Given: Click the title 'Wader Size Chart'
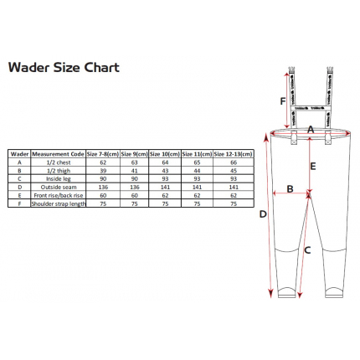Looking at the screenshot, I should tap(64, 68).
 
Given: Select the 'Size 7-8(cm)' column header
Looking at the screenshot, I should tap(103, 153).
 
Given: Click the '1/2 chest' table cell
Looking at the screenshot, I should tap(59, 162).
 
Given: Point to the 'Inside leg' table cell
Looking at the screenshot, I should tap(59, 178).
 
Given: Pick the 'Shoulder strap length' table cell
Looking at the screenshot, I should tap(59, 203).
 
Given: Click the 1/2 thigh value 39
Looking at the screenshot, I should tap(103, 170).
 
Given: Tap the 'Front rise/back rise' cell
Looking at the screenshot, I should tap(59, 195).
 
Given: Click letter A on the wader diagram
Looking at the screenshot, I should tap(310, 130).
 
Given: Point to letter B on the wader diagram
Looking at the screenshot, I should tap(290, 188).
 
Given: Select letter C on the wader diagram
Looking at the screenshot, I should tap(307, 249).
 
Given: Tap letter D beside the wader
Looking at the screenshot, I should tap(262, 214).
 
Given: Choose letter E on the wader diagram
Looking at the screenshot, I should tap(312, 166).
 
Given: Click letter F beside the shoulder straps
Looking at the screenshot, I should tap(283, 100).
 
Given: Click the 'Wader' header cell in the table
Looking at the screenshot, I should tap(19, 153).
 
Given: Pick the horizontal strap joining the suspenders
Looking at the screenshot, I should tap(309, 108).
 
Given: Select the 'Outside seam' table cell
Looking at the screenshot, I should tap(59, 187).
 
